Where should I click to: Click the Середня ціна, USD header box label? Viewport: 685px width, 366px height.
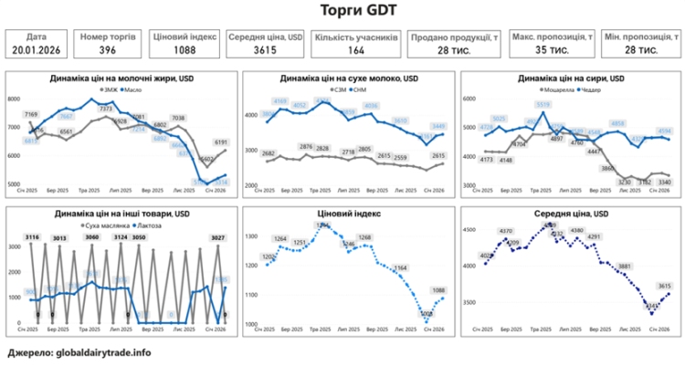click(266, 37)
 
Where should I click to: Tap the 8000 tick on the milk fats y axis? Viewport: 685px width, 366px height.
click(16, 99)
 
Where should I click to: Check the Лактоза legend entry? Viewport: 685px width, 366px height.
click(151, 225)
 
